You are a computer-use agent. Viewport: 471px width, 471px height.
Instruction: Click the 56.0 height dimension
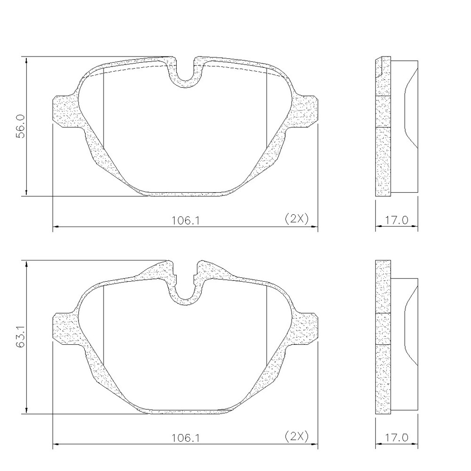[21, 126]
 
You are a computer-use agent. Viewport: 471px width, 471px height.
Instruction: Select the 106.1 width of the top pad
[185, 221]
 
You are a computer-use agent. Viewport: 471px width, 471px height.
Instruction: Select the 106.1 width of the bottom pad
[185, 438]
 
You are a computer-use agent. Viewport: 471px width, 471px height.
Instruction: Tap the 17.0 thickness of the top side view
[397, 220]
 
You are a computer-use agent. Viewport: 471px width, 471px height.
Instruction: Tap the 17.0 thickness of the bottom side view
[397, 438]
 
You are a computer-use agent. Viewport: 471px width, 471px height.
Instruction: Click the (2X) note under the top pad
[296, 219]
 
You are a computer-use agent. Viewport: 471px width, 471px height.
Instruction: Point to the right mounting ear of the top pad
[303, 112]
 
